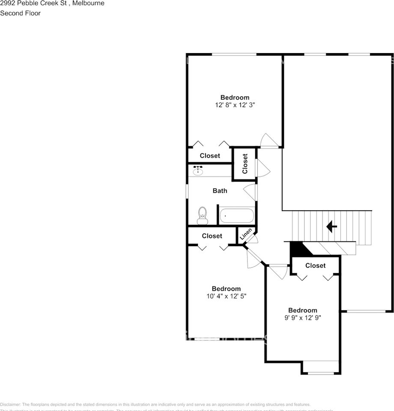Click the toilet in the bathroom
pyautogui.click(x=202, y=215)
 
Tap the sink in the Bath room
pyautogui.click(x=198, y=171)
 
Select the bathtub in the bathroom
pyautogui.click(x=237, y=216)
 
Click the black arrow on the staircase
pyautogui.click(x=331, y=226)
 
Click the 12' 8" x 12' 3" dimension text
pyautogui.click(x=234, y=104)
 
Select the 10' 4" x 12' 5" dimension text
pyautogui.click(x=226, y=296)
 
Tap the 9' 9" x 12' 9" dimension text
pyautogui.click(x=302, y=318)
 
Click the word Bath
pyautogui.click(x=220, y=191)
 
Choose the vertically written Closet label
pyautogui.click(x=245, y=164)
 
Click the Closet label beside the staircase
pyautogui.click(x=315, y=265)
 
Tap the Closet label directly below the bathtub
pyautogui.click(x=212, y=236)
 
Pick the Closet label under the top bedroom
pyautogui.click(x=210, y=155)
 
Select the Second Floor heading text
pyautogui.click(x=21, y=13)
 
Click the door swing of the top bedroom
pyautogui.click(x=269, y=140)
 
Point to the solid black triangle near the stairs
pyautogui.click(x=295, y=249)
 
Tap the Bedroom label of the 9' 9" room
pyautogui.click(x=302, y=310)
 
